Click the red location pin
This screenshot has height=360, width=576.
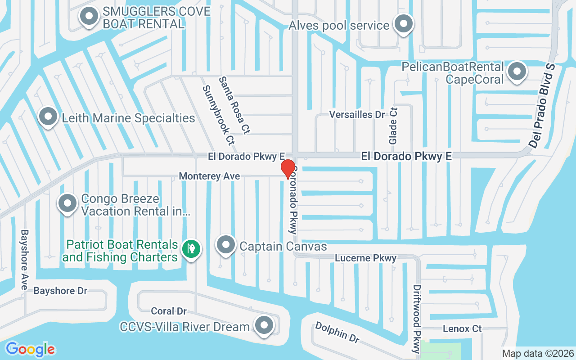pyautogui.click(x=288, y=168)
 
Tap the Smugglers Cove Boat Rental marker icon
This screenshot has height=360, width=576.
pyautogui.click(x=89, y=17)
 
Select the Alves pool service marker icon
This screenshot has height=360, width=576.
pyautogui.click(x=404, y=24)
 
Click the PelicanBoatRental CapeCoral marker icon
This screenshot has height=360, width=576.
pyautogui.click(x=517, y=72)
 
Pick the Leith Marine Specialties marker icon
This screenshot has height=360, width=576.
pyautogui.click(x=48, y=117)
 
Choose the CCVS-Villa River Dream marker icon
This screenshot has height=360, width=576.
pyautogui.click(x=264, y=325)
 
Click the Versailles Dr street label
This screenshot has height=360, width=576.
pyautogui.click(x=357, y=115)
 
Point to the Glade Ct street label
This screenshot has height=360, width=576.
pyautogui.click(x=393, y=126)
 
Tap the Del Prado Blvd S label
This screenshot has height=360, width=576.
pyautogui.click(x=542, y=106)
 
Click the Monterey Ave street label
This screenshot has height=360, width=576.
pyautogui.click(x=209, y=176)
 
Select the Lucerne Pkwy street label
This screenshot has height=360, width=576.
pyautogui.click(x=366, y=258)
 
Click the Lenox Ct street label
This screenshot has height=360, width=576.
pyautogui.click(x=462, y=329)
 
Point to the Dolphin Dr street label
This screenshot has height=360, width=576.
pyautogui.click(x=337, y=332)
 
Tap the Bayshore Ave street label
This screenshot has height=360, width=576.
pyautogui.click(x=24, y=260)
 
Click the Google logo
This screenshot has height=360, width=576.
pyautogui.click(x=30, y=349)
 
